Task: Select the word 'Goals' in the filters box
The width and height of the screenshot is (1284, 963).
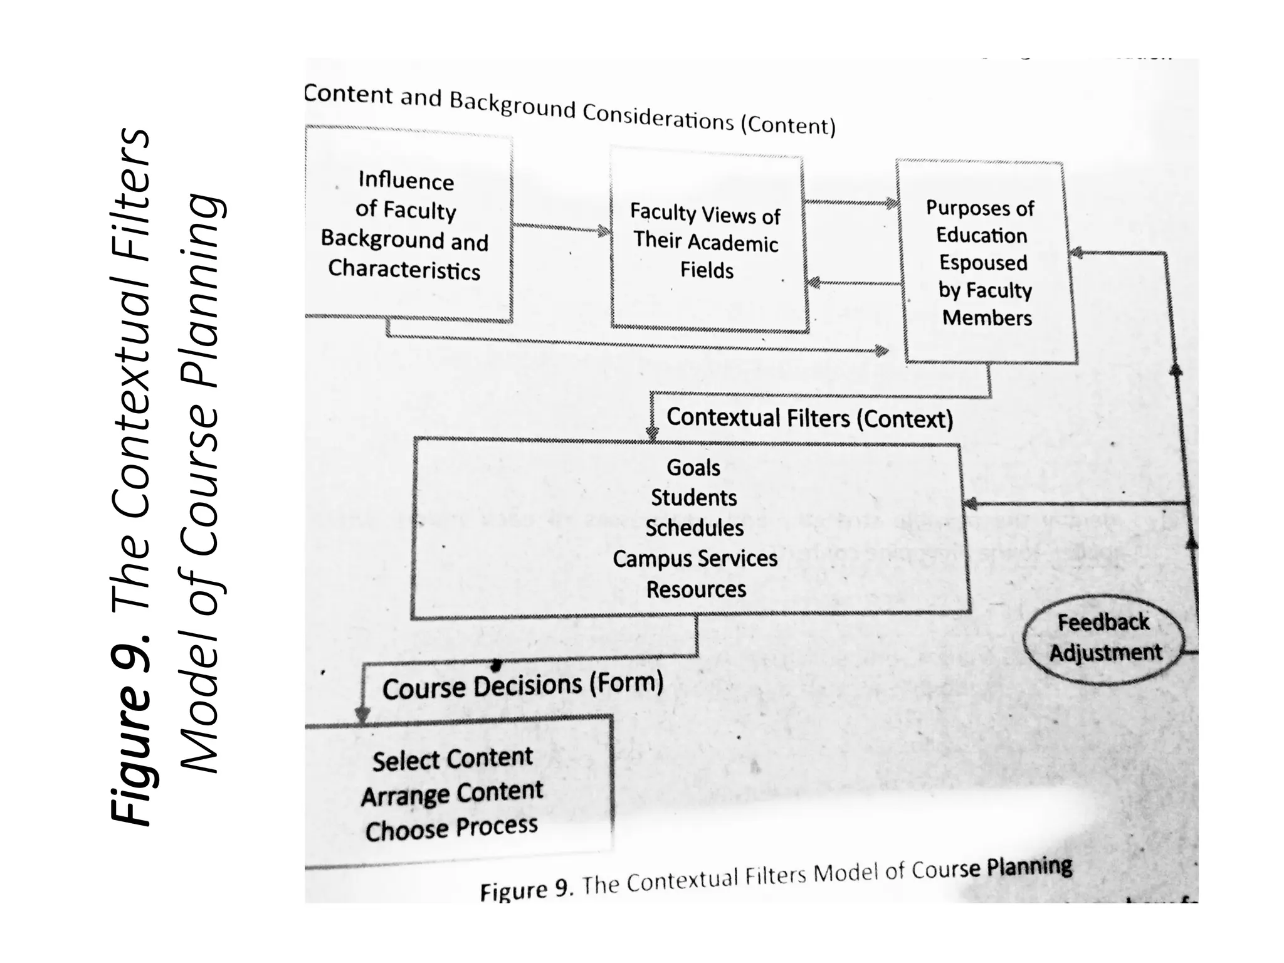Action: tap(693, 468)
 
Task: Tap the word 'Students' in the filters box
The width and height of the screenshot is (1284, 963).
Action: tap(693, 498)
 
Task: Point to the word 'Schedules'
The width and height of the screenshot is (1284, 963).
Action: tap(695, 528)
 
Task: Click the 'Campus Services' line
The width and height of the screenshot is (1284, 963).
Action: tap(695, 559)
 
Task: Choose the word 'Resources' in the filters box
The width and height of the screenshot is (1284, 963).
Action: tap(696, 589)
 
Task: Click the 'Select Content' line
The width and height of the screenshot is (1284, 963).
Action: tap(452, 759)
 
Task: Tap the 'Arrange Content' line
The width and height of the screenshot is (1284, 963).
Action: tap(451, 794)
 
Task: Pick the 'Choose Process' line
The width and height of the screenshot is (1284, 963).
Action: tap(451, 829)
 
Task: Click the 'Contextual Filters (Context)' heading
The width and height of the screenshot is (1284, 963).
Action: tap(809, 418)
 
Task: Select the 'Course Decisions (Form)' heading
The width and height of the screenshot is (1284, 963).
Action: tap(522, 686)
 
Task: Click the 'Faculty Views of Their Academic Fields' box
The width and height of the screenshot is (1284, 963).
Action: tap(707, 242)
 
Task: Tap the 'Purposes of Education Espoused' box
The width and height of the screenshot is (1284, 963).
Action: tap(984, 262)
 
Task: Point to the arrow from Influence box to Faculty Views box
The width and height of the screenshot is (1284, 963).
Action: tap(560, 228)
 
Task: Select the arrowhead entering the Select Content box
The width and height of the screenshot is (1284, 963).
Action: tap(362, 715)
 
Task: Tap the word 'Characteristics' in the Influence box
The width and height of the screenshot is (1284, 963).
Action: tap(404, 270)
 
